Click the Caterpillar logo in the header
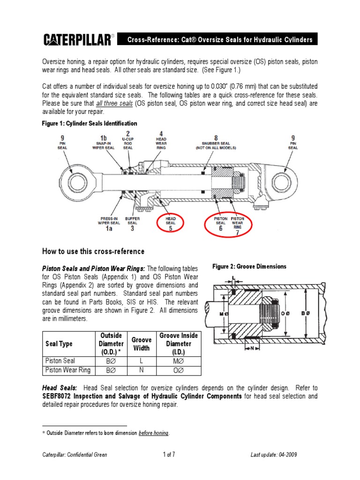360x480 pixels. point(77,40)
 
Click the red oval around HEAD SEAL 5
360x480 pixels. point(171,222)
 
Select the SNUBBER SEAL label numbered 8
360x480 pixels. point(216,142)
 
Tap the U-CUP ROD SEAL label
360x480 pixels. point(127,142)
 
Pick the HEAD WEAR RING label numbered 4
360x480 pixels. point(161,142)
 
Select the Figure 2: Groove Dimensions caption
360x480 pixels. point(249,266)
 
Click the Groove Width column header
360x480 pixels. point(141,344)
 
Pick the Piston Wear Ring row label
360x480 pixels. point(67,370)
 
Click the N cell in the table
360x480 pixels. point(141,370)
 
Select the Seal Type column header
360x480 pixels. point(59,344)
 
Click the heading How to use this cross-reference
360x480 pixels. point(94,251)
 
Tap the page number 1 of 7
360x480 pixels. point(169,455)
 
